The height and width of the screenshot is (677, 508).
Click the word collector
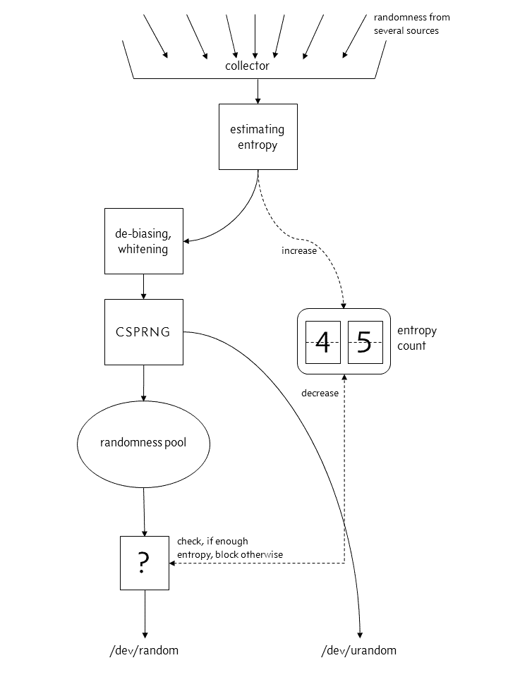click(x=247, y=66)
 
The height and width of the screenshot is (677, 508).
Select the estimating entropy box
click(x=258, y=137)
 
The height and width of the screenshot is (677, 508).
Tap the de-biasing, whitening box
click(x=143, y=240)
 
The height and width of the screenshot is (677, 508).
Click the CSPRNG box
click(x=143, y=331)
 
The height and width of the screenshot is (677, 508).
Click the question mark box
click(x=144, y=562)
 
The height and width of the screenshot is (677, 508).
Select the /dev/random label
click(x=144, y=650)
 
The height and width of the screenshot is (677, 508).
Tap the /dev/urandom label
click(x=359, y=650)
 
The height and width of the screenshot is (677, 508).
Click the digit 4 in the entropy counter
click(x=322, y=342)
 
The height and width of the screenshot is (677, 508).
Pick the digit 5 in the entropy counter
click(x=364, y=342)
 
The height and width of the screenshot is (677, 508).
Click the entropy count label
click(x=417, y=338)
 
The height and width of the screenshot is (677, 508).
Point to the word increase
click(x=299, y=250)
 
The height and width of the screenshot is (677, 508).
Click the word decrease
click(x=320, y=393)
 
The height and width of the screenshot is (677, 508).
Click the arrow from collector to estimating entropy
click(x=258, y=91)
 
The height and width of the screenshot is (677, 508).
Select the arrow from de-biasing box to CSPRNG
click(x=143, y=286)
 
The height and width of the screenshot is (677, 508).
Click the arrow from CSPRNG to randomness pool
click(x=143, y=382)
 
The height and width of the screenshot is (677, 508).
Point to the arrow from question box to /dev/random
click(x=144, y=614)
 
